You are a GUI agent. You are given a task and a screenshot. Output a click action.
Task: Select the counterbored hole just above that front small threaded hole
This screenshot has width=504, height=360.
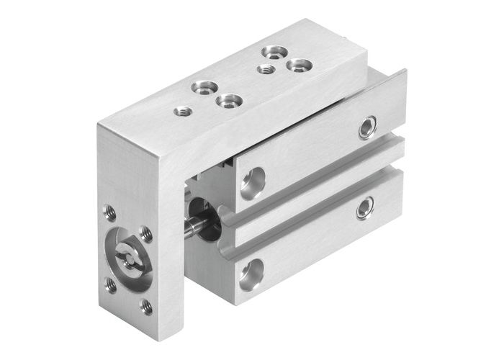[x=199, y=89]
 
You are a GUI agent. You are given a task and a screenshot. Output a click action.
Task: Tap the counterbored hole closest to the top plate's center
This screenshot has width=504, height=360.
[x=228, y=101]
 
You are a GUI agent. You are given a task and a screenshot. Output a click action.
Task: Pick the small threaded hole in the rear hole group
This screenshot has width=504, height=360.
[x=266, y=69]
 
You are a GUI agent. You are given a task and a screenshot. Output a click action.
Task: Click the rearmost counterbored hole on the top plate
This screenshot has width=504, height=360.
[x=271, y=52]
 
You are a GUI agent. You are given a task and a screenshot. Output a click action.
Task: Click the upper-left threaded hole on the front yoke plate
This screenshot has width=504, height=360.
[x=109, y=212]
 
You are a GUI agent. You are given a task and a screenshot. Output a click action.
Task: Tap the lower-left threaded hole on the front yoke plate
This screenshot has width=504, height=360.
[x=111, y=285]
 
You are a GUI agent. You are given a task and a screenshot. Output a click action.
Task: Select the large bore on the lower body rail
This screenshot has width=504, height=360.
[x=251, y=271]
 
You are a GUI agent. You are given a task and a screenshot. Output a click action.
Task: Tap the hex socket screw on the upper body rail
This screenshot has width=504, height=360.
[x=368, y=127]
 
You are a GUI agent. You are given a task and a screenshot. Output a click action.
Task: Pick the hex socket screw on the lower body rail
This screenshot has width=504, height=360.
[x=366, y=208]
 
